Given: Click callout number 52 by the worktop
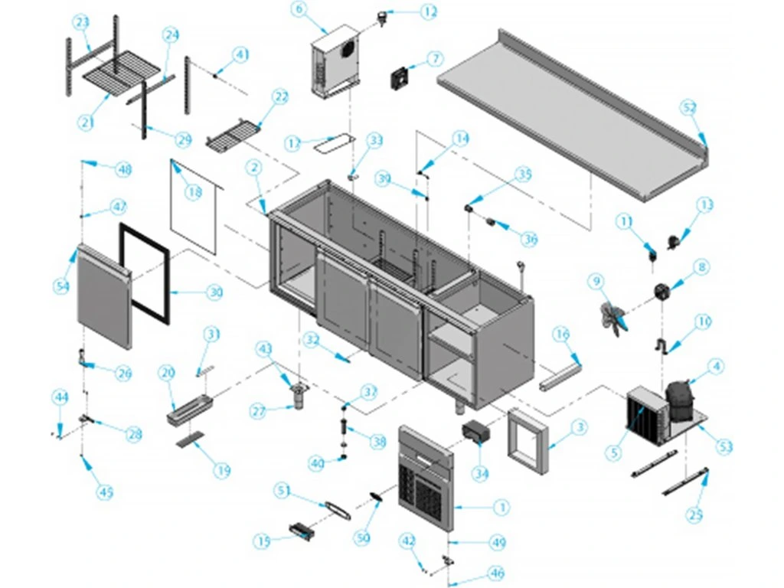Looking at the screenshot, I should click(690, 108).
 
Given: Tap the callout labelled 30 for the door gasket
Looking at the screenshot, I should click(215, 292).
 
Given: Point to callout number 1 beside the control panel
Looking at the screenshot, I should click(501, 507).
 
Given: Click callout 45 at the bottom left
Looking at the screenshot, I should click(106, 492).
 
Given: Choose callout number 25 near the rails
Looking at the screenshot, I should click(694, 515).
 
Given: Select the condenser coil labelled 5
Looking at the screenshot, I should click(643, 417).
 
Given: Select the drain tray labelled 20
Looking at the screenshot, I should click(188, 407).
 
